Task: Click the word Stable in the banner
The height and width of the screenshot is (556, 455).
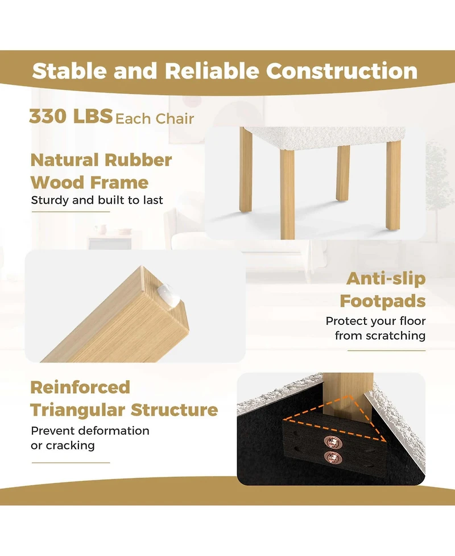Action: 69,71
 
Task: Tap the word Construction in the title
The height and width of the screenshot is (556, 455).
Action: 342,71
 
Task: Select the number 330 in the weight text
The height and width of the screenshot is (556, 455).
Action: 48,116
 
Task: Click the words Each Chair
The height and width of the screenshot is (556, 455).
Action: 155,119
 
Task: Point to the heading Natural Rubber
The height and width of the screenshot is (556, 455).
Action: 101,160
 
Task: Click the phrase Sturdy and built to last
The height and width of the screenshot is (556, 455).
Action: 97,200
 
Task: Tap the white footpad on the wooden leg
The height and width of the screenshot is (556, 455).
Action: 168,295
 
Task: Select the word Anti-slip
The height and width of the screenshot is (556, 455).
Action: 386,278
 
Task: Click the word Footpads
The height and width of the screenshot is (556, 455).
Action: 383,302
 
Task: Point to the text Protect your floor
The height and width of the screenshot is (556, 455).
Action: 375,321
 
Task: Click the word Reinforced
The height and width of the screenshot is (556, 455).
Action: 80,387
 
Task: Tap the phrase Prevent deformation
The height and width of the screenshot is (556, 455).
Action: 90,431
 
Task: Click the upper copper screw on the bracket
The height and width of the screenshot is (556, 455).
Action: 332,442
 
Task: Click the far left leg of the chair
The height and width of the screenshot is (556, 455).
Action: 246,170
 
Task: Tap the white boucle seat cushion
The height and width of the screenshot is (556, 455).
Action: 324,138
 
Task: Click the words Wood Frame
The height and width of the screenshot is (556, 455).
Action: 89,183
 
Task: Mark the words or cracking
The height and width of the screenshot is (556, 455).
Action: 63,446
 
